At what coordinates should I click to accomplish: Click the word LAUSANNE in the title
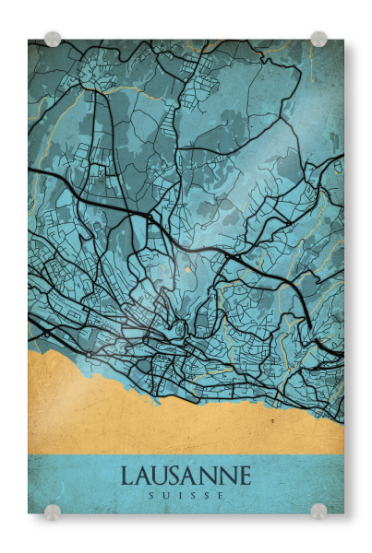[186, 477]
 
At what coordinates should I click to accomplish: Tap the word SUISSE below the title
[186, 496]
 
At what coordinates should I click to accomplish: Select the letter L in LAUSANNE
[127, 477]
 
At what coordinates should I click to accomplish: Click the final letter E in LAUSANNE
[244, 477]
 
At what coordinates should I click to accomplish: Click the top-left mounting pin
[53, 39]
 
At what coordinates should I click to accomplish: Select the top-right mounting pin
[318, 39]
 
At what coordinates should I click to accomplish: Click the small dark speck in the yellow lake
[272, 419]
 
